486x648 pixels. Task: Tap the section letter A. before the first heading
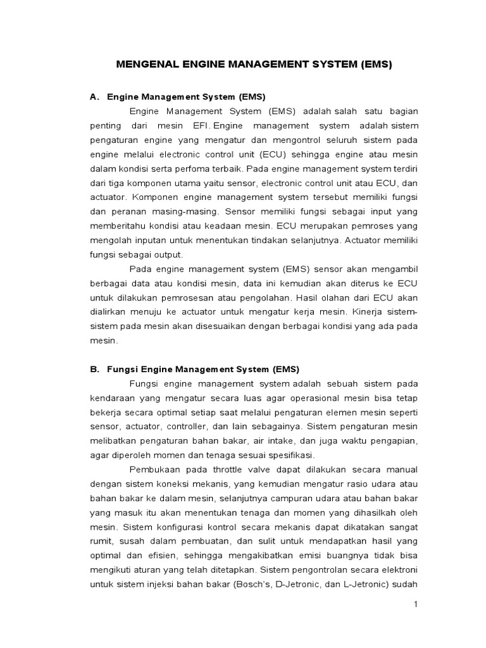94,97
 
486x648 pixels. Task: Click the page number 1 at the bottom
416,604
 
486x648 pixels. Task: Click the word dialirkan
108,312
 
